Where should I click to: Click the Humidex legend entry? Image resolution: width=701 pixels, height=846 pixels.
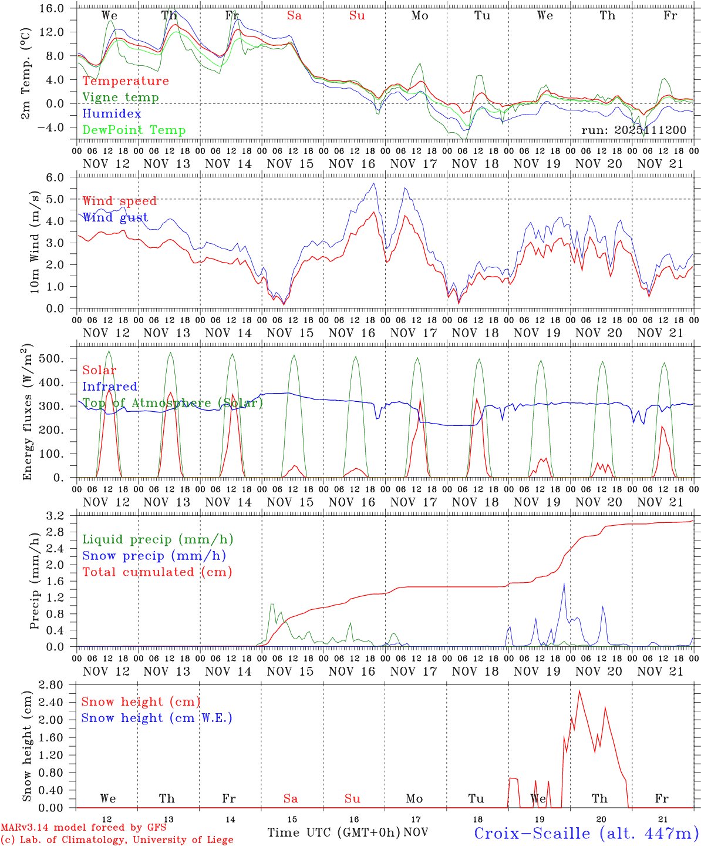click(112, 114)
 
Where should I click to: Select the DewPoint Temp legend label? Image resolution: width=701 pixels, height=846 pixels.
click(134, 130)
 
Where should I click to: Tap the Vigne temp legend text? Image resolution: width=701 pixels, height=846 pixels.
click(120, 98)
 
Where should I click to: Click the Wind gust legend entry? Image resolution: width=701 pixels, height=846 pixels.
click(115, 217)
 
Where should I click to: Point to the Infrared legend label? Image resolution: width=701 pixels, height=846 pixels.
click(110, 387)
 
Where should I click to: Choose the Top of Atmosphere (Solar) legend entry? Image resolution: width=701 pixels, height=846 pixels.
click(173, 403)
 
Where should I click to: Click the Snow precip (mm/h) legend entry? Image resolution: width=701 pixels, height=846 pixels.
click(154, 556)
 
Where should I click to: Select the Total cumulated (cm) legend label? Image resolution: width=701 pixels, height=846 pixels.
click(157, 572)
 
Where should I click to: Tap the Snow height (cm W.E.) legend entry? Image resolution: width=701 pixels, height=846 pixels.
click(157, 718)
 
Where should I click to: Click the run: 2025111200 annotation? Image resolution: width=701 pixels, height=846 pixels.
click(633, 130)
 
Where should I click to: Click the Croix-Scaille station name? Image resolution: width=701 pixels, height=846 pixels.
click(586, 833)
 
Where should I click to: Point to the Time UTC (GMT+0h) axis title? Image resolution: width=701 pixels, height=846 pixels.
click(333, 832)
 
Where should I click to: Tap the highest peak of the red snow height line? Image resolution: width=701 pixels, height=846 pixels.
click(579, 690)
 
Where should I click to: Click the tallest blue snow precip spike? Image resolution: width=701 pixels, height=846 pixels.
click(564, 583)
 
